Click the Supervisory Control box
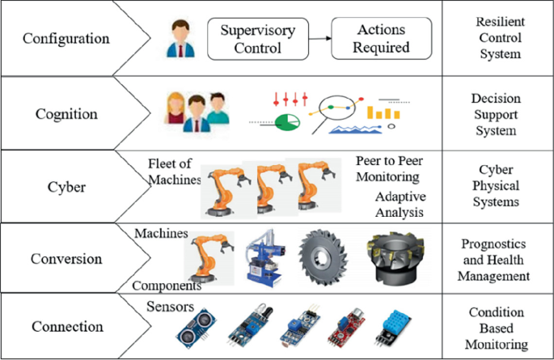(257, 39)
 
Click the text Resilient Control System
(497, 39)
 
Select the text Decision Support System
(497, 114)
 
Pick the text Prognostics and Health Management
(496, 259)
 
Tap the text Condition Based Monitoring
(497, 327)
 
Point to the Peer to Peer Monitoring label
(388, 167)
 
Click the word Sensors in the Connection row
(171, 307)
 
